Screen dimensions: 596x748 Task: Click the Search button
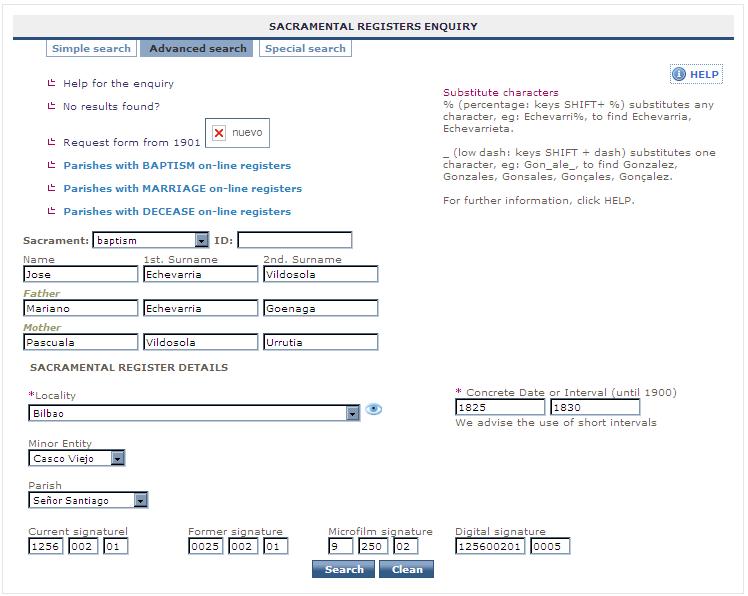(x=343, y=569)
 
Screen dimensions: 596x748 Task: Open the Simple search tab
(x=91, y=48)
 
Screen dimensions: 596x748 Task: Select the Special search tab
(x=305, y=48)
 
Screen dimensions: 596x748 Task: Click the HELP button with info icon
(x=696, y=74)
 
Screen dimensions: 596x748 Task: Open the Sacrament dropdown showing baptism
(x=150, y=240)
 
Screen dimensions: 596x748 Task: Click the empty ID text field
(x=295, y=240)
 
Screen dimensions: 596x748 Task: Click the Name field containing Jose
(x=81, y=274)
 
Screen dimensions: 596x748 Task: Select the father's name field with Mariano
(x=81, y=308)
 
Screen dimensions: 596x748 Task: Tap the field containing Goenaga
(x=320, y=308)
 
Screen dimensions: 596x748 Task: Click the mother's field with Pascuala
(x=81, y=342)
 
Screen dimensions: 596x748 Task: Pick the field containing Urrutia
(x=320, y=342)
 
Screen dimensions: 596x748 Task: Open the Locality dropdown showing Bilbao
(x=194, y=413)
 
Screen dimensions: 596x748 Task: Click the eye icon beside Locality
(x=374, y=409)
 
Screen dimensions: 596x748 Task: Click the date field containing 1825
(x=500, y=407)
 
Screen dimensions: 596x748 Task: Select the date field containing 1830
(x=595, y=407)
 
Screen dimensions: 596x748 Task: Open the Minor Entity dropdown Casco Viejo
(x=77, y=458)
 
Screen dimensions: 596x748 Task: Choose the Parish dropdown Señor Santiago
(x=88, y=500)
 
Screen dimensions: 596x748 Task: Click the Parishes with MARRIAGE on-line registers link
(x=182, y=188)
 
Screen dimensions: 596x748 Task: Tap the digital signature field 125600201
(x=490, y=546)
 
